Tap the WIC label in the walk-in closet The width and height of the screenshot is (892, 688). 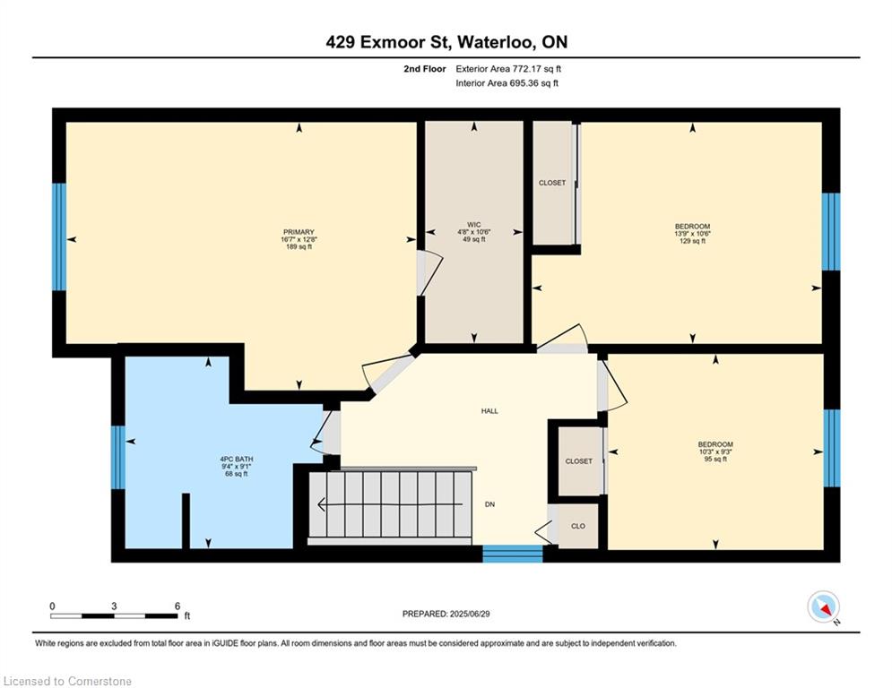474,224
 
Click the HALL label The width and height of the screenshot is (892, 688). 489,411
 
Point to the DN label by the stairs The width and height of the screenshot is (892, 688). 490,504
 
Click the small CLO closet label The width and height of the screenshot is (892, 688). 578,526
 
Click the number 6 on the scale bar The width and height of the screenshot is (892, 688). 178,606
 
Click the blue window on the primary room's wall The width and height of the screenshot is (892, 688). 59,237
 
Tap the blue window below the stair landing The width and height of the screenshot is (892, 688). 513,554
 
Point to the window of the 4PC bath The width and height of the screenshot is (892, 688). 118,457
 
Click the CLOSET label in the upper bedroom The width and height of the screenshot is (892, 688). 552,183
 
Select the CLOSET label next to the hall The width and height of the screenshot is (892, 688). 578,461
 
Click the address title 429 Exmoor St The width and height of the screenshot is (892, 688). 446,42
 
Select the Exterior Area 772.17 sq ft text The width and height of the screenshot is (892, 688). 508,68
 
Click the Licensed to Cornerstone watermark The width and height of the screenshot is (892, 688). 67,682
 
